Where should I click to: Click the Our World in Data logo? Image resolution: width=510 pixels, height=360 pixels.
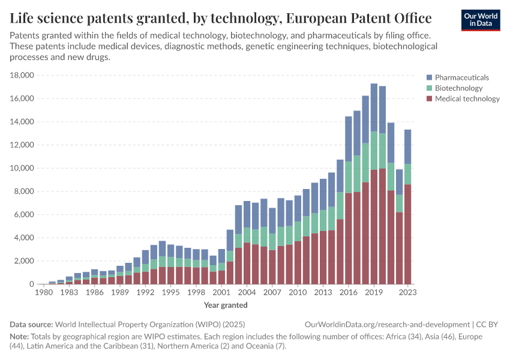point(480,19)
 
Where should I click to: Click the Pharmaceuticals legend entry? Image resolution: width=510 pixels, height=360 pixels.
point(461,77)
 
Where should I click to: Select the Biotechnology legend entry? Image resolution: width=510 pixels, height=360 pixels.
point(458,88)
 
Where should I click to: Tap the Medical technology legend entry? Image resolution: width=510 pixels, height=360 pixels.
point(467,99)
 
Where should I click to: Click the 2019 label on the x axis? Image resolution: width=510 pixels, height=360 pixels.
point(374,292)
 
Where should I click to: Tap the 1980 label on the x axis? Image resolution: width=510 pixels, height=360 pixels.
point(44,292)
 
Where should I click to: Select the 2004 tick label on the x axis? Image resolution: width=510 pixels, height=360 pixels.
point(247,292)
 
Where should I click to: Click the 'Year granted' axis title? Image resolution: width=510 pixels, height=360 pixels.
point(226,305)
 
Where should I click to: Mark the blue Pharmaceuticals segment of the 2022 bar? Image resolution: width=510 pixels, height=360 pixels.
point(400,182)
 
